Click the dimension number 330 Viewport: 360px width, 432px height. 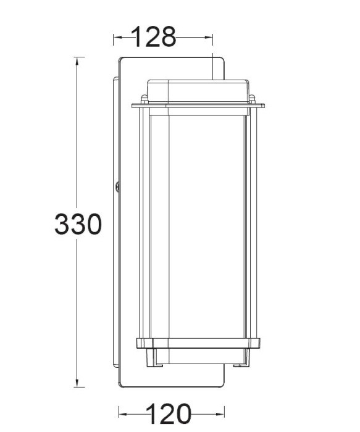pos(78,225)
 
